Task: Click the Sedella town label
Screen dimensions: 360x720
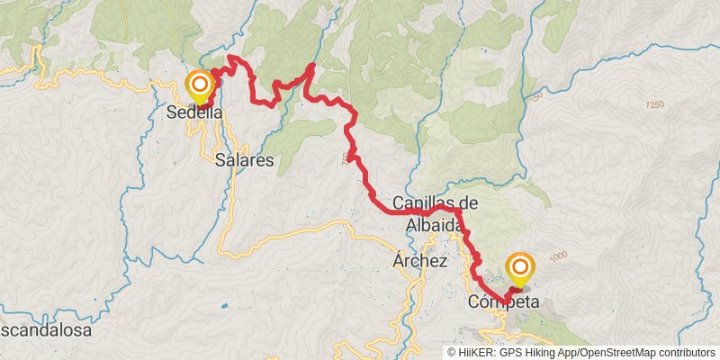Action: coord(194,114)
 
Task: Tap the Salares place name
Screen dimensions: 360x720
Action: coord(245,159)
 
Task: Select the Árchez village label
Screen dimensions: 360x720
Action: coord(419,261)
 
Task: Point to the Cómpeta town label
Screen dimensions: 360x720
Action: coord(503,302)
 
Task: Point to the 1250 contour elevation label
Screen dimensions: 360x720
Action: coord(654,106)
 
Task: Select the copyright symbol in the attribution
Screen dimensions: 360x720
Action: coord(453,353)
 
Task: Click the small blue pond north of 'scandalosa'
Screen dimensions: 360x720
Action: coord(223,307)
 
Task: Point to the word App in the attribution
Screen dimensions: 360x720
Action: coord(572,353)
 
